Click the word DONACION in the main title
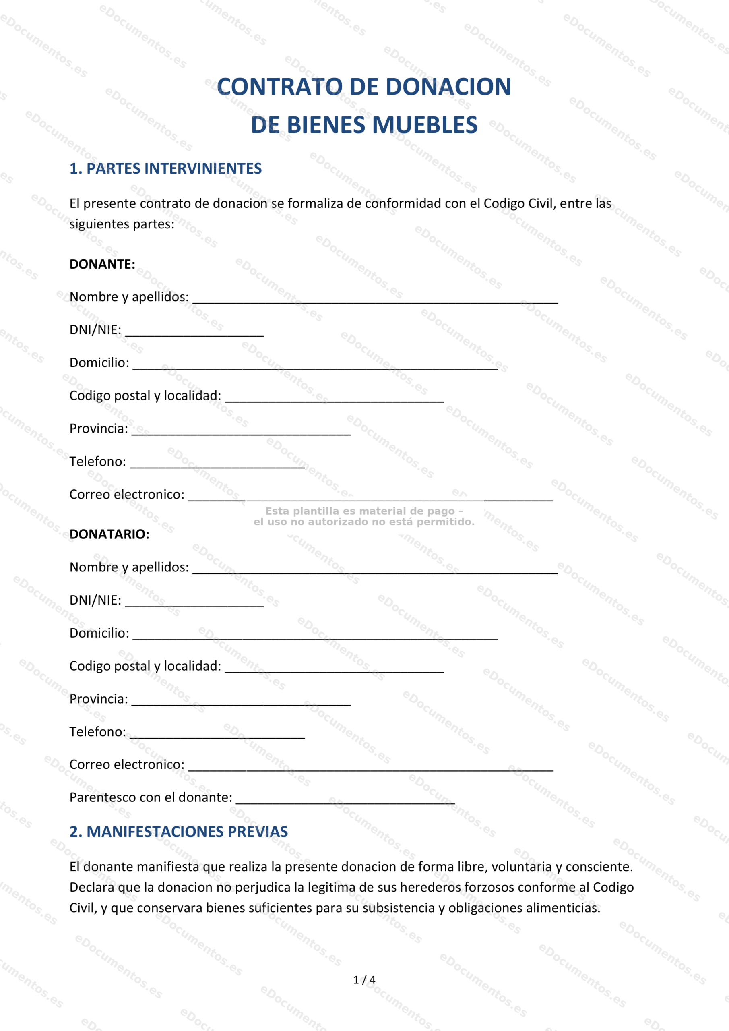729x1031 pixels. pyautogui.click(x=448, y=87)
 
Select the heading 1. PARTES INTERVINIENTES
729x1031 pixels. pyautogui.click(x=165, y=168)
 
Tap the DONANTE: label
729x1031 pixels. pyautogui.click(x=102, y=264)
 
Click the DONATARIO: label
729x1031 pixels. pyautogui.click(x=109, y=534)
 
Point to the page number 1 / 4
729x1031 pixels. pyautogui.click(x=364, y=980)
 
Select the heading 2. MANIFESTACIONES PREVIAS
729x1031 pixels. pyautogui.click(x=178, y=832)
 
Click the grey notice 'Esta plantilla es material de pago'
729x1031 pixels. pyautogui.click(x=364, y=511)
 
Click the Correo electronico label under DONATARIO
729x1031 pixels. pyautogui.click(x=126, y=764)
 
